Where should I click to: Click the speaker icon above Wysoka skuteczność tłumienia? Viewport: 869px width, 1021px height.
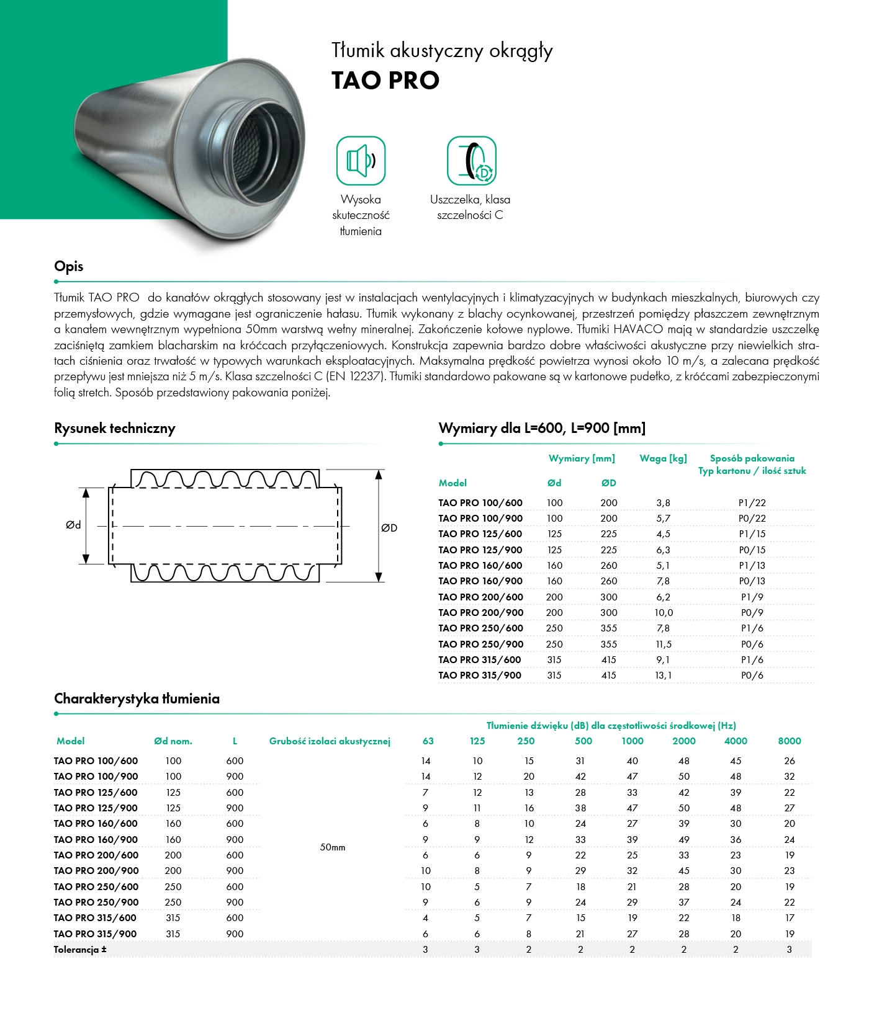click(x=361, y=161)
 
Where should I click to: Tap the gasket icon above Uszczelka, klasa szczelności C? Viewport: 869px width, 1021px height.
click(x=472, y=161)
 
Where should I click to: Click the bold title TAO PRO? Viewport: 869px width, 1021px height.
click(x=385, y=81)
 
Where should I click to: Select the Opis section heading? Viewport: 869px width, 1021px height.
click(x=69, y=267)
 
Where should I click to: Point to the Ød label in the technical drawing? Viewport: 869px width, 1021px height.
click(x=73, y=525)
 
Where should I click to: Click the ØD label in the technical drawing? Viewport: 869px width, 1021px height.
click(x=389, y=528)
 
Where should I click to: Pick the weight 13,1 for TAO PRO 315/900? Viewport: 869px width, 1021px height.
click(x=664, y=675)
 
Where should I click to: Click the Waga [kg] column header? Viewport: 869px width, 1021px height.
click(x=664, y=458)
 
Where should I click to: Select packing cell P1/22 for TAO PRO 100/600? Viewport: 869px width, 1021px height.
click(x=752, y=503)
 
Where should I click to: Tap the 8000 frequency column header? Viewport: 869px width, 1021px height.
click(x=790, y=741)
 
